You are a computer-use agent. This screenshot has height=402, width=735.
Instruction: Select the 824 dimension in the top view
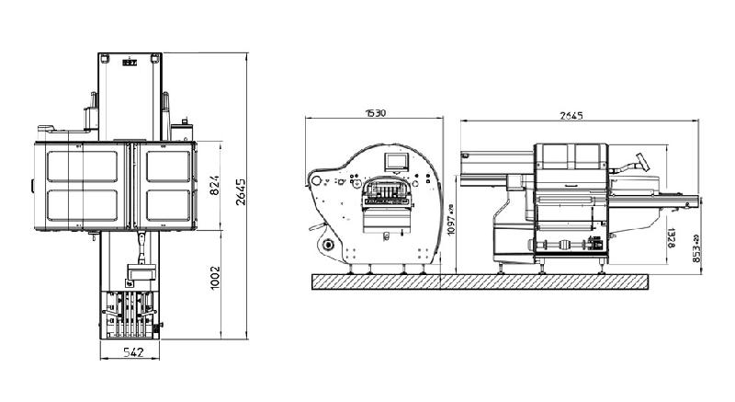tap(214, 185)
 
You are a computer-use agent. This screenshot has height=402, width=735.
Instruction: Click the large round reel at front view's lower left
tap(325, 246)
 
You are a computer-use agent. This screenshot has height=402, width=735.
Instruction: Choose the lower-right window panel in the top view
tap(166, 206)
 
